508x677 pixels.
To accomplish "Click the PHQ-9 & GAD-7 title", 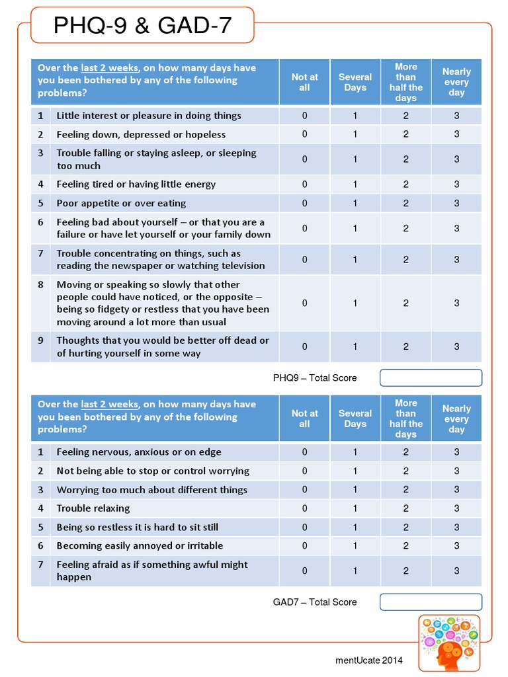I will pyautogui.click(x=142, y=26).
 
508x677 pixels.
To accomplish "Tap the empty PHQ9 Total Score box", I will pyautogui.click(x=431, y=378).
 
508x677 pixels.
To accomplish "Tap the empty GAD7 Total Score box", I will pyautogui.click(x=431, y=602).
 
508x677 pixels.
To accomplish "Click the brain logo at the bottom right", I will pyautogui.click(x=449, y=643).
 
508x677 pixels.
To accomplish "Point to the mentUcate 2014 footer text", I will pyautogui.click(x=368, y=660).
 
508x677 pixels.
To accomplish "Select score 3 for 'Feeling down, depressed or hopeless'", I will pyautogui.click(x=456, y=134).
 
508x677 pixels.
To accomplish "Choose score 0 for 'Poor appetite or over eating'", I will pyautogui.click(x=304, y=203).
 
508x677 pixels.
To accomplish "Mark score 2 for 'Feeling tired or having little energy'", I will pyautogui.click(x=405, y=184).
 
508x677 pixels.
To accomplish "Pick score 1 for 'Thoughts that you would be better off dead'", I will pyautogui.click(x=355, y=346).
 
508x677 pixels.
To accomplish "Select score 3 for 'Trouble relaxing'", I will pyautogui.click(x=456, y=508).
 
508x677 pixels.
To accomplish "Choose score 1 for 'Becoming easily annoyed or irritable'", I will pyautogui.click(x=355, y=545).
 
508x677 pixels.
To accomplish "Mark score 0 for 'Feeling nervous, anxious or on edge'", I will pyautogui.click(x=304, y=452).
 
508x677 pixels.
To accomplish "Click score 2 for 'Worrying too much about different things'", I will pyautogui.click(x=405, y=490).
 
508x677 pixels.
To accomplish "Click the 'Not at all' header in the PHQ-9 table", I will pyautogui.click(x=304, y=82).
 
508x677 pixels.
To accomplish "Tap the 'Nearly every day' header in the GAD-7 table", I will pyautogui.click(x=456, y=418).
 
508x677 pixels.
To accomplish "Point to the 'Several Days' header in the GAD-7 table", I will pyautogui.click(x=355, y=418).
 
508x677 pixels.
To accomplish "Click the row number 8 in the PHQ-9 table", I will pyautogui.click(x=40, y=285).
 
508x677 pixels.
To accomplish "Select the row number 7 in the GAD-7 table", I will pyautogui.click(x=40, y=565).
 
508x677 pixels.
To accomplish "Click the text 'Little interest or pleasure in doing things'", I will pyautogui.click(x=149, y=116).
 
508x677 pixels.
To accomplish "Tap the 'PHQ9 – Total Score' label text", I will pyautogui.click(x=315, y=378).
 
